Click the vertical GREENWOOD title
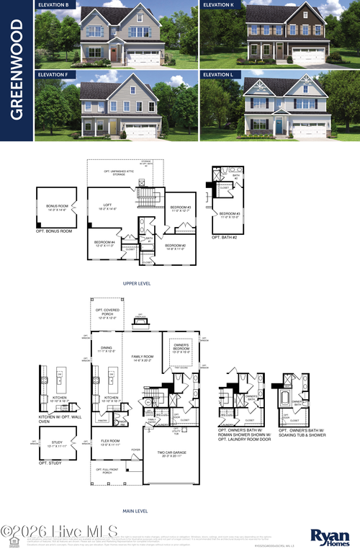click(x=17, y=70)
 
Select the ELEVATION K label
click(x=219, y=4)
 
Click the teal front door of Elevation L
click(x=279, y=127)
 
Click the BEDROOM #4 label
click(x=104, y=243)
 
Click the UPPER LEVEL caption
click(x=136, y=284)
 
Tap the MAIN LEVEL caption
click(x=136, y=511)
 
